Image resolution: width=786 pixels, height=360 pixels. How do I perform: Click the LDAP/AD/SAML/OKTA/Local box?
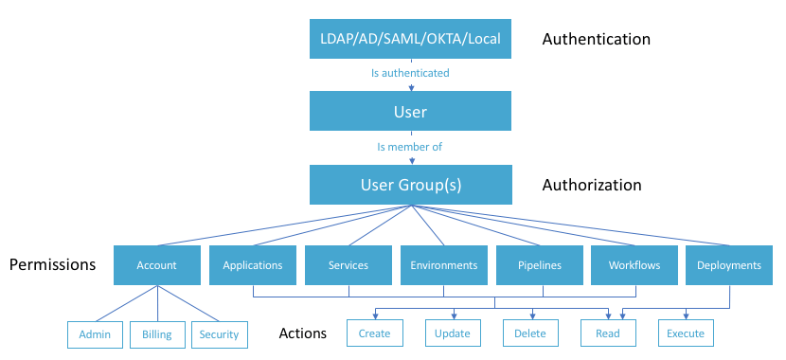[x=410, y=40]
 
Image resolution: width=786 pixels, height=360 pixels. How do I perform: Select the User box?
[x=410, y=112]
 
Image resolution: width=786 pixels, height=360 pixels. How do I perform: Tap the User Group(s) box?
[x=410, y=185]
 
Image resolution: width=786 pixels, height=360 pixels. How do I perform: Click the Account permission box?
[x=156, y=265]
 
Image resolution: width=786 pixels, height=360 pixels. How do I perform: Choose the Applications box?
[x=252, y=265]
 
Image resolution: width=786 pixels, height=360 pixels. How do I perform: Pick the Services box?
[x=348, y=265]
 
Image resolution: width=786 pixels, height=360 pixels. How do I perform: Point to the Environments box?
[x=443, y=265]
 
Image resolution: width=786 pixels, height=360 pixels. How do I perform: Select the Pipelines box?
[x=539, y=265]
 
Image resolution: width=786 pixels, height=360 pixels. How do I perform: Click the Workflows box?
[x=634, y=265]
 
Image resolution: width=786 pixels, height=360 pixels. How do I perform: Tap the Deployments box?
[x=729, y=265]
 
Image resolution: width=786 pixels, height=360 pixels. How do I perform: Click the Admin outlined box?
[x=95, y=333]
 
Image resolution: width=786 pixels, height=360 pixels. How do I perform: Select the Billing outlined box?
[x=157, y=333]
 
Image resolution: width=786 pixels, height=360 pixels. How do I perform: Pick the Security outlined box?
[x=220, y=333]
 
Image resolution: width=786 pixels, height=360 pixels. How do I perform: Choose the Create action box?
[x=375, y=333]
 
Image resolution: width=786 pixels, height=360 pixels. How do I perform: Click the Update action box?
[x=453, y=333]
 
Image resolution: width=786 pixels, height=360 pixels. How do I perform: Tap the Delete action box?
[x=530, y=333]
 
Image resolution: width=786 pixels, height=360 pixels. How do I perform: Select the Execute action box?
[x=686, y=333]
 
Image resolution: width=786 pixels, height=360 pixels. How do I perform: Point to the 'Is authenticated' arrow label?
[x=409, y=73]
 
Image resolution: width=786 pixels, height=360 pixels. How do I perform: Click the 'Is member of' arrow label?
[x=409, y=147]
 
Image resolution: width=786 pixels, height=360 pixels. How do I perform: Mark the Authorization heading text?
[x=591, y=185]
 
